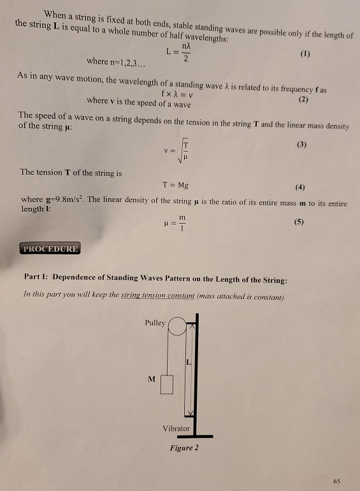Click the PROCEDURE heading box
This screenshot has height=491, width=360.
[51, 249]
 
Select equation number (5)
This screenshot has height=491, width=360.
[299, 223]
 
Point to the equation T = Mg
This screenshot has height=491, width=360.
[175, 187]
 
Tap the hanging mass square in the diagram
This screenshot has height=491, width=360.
[167, 384]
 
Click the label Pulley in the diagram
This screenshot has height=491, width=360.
[155, 323]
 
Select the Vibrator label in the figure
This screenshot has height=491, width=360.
[176, 429]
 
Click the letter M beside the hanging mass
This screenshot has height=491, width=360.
[151, 379]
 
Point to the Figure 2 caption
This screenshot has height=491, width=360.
[184, 448]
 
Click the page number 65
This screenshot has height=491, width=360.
[336, 479]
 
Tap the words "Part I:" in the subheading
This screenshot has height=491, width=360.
[36, 279]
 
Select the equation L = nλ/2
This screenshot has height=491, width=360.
[176, 54]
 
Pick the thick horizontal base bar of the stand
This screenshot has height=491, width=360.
[186, 436]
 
